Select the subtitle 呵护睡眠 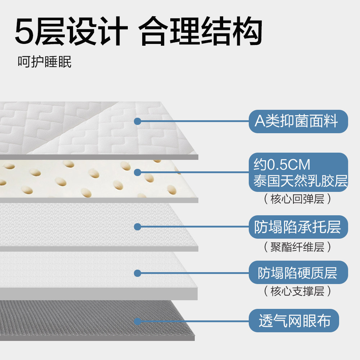(45, 62)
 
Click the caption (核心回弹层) (297, 199)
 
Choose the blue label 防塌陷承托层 (298, 227)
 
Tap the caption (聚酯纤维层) (297, 247)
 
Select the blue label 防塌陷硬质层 (298, 273)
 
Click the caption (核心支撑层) (297, 291)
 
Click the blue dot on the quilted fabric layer (137, 121)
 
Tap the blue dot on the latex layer (137, 172)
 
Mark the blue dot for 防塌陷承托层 (137, 227)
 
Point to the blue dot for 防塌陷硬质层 (137, 273)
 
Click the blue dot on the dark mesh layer (137, 321)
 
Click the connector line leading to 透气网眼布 (194, 321)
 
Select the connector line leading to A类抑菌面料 (194, 121)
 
